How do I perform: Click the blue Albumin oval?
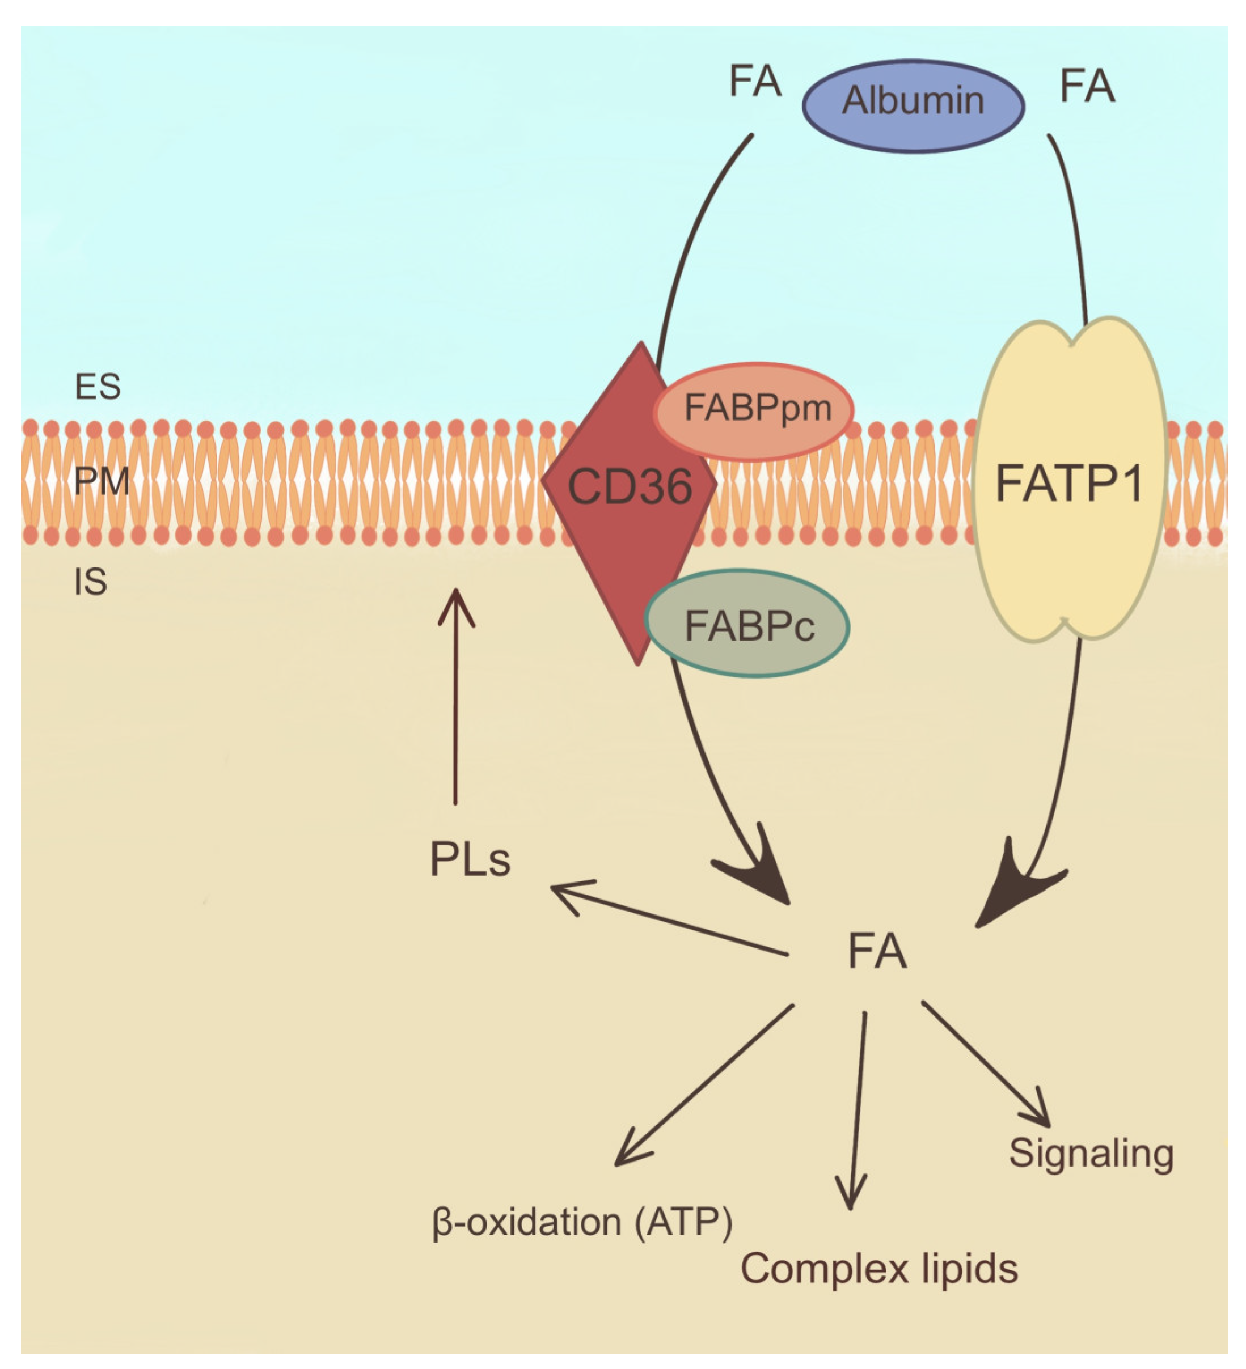click(913, 105)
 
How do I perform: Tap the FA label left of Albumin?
click(755, 82)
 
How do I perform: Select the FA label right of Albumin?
click(1087, 86)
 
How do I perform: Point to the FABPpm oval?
click(754, 412)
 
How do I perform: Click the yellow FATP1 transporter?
click(1070, 480)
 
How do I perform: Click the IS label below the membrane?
click(90, 582)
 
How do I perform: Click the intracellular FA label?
click(877, 951)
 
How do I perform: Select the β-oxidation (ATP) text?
click(582, 1223)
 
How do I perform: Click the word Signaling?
click(1091, 1154)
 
